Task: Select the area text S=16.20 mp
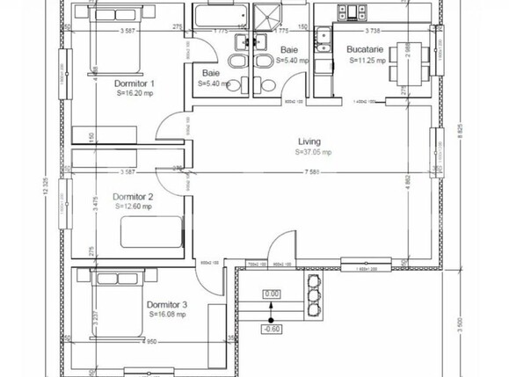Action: pyautogui.click(x=135, y=92)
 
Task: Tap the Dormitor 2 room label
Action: pyautogui.click(x=134, y=197)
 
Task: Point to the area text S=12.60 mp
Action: pyautogui.click(x=134, y=207)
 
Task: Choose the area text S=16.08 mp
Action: pyautogui.click(x=166, y=313)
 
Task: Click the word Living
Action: pyautogui.click(x=309, y=141)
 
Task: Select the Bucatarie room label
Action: pyautogui.click(x=365, y=52)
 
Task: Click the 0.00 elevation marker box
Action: pyautogui.click(x=272, y=294)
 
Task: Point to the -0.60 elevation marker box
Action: pyautogui.click(x=272, y=330)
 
